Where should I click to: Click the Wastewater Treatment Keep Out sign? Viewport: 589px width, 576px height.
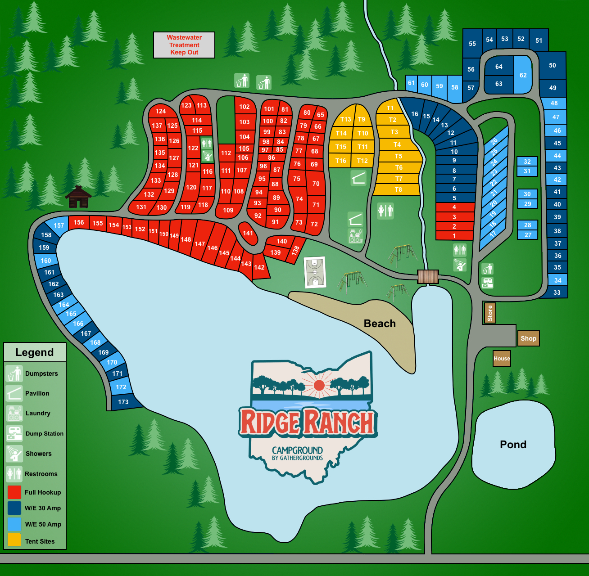coord(184,45)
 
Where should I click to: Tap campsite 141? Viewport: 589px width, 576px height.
coord(248,233)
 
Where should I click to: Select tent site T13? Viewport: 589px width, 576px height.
coord(345,119)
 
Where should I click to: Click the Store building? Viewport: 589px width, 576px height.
coord(490,313)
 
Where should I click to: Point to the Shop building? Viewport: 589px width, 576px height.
coord(528,338)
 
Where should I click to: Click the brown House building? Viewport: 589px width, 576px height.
coord(502,359)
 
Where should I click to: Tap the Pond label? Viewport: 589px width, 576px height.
coord(513,445)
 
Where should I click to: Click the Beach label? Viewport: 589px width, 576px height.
coord(380,324)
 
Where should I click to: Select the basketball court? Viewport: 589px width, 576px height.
coord(315,272)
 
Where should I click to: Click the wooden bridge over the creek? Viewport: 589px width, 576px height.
coord(428,277)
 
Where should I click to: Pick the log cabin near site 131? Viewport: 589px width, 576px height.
coord(78,197)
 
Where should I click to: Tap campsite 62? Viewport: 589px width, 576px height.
coord(523,75)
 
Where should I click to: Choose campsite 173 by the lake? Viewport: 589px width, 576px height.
coord(123,402)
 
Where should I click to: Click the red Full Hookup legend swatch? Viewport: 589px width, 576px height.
coord(14,492)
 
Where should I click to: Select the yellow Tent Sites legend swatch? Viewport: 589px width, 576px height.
coord(14,540)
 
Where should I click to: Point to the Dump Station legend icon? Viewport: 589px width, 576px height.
coord(14,433)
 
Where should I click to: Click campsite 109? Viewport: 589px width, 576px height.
coord(228,210)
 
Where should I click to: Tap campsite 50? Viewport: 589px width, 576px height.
coord(553,65)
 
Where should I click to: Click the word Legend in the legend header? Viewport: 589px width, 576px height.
coord(35,352)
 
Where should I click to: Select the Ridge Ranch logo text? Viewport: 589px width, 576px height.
coord(308,422)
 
